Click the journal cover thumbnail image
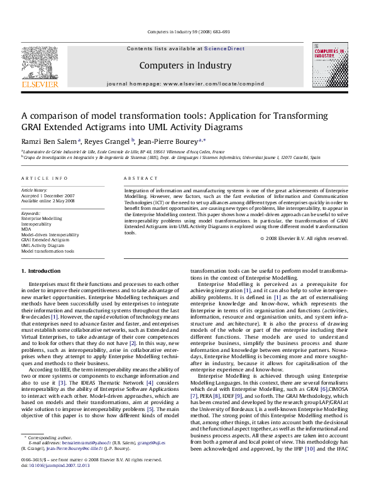[x=329, y=65]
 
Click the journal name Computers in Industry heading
[x=185, y=65]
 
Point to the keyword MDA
[x=26, y=229]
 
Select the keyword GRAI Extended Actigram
[x=45, y=239]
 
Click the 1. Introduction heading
[x=41, y=271]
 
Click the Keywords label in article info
[x=31, y=213]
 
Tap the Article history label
[x=35, y=190]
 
